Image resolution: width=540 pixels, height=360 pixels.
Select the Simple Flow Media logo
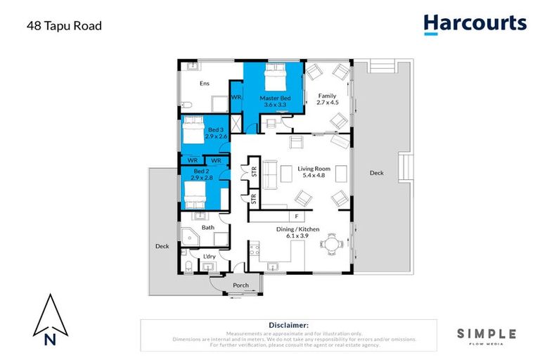[x=486, y=336]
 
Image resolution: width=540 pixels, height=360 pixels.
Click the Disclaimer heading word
[x=288, y=325]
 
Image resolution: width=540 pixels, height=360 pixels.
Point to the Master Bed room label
[x=274, y=98]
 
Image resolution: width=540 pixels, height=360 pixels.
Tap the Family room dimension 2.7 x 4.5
[x=327, y=103]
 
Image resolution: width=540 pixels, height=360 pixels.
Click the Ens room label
[x=204, y=84]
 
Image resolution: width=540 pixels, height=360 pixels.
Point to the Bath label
[x=207, y=227]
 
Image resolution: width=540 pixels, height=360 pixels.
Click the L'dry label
[x=208, y=257]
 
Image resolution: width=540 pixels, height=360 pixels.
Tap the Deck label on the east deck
[x=377, y=172]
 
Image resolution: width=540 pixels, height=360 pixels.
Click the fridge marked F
[x=297, y=217]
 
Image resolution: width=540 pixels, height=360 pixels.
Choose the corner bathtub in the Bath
[x=190, y=237]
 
